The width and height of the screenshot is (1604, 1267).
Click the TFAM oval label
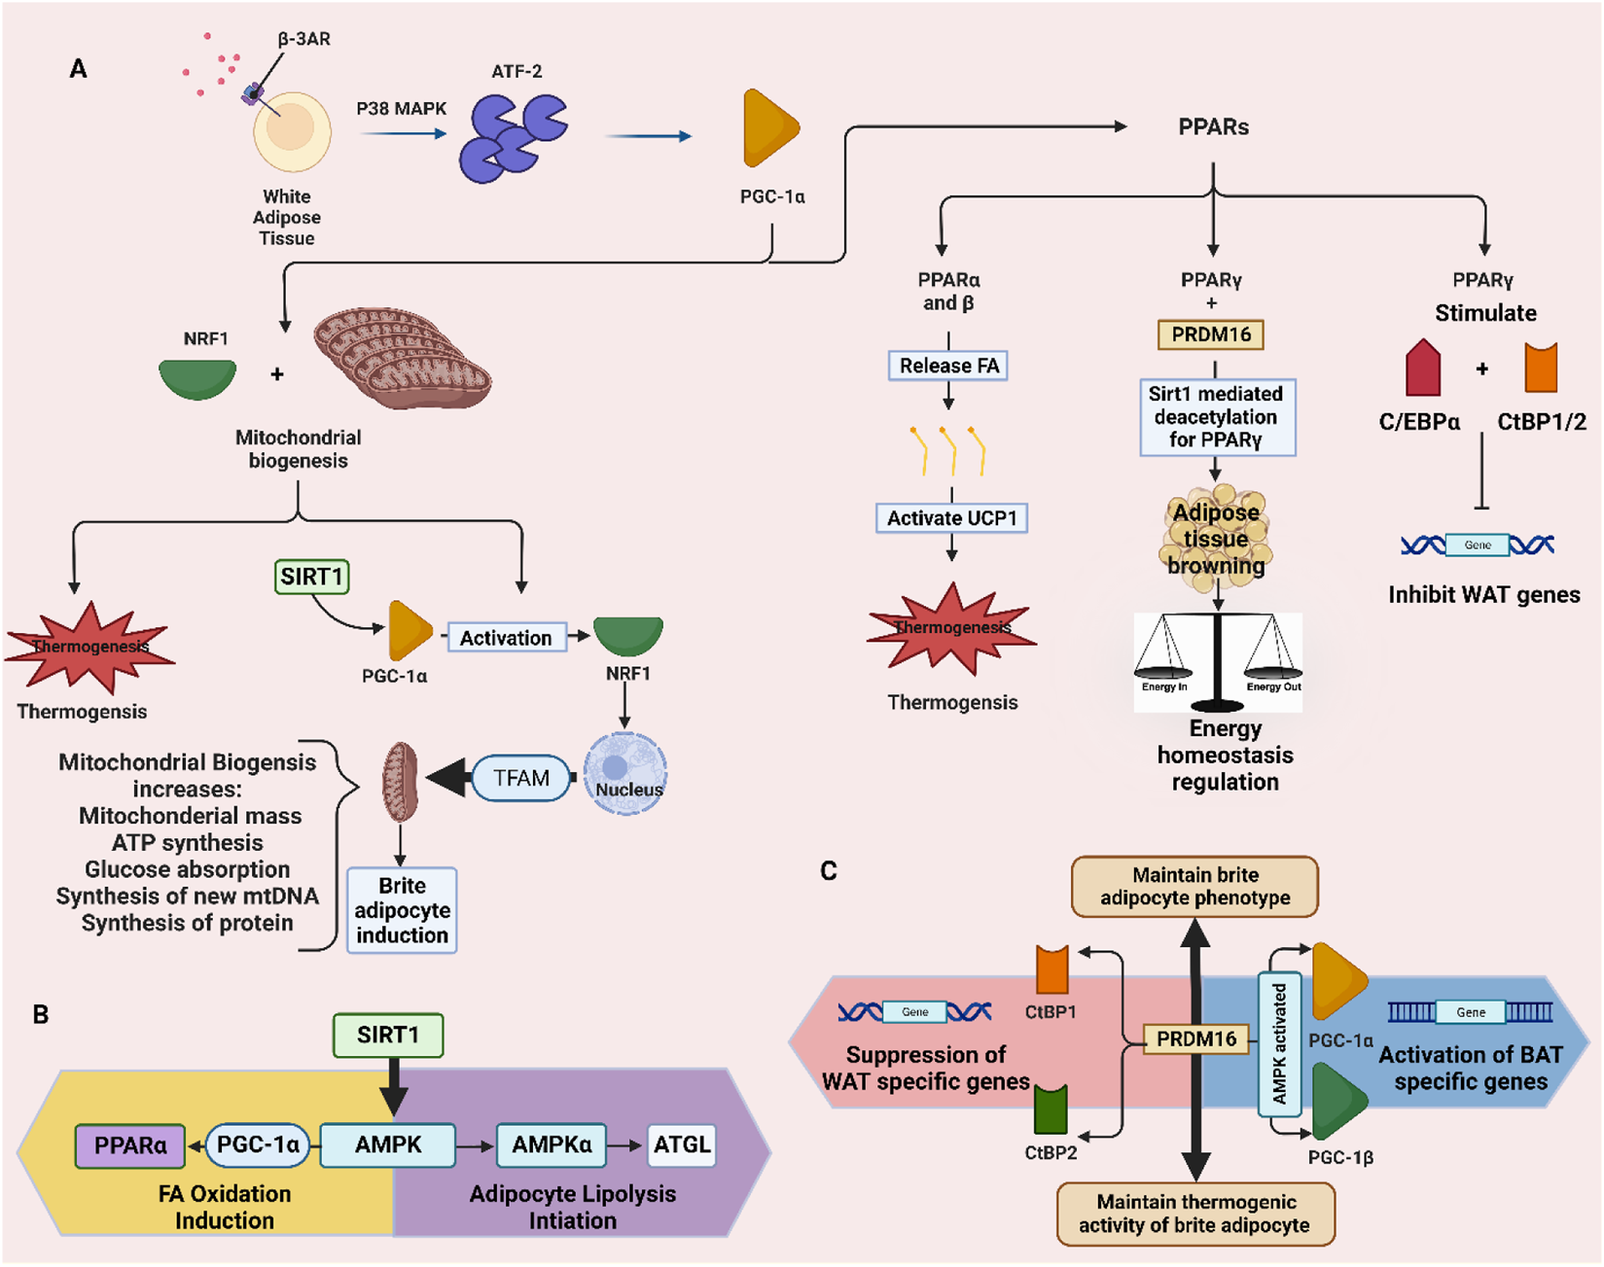coord(521,778)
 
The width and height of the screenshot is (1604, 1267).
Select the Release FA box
coord(948,366)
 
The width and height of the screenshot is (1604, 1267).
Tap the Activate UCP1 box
coord(951,518)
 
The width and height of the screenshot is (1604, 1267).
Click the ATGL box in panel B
coord(682,1144)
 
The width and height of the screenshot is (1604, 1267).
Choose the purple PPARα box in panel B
coord(130,1145)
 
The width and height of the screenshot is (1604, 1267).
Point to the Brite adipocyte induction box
coord(402,910)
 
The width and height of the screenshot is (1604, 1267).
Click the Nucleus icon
coord(624,773)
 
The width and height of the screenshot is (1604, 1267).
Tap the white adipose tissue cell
coord(292,131)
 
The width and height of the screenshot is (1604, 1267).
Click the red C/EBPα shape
coord(1423,369)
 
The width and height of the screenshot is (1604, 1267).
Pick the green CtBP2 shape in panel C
coord(1051,1109)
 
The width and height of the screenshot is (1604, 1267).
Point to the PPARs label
coord(1213,126)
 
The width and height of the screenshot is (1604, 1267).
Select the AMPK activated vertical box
coord(1280,1043)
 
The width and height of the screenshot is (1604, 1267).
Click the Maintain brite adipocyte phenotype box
coord(1194,886)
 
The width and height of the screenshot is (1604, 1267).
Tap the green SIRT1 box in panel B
coord(387,1035)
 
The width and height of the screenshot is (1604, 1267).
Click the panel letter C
coord(829,870)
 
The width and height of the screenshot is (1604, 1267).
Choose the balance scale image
coord(1218,661)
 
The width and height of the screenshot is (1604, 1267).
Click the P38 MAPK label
coord(401,109)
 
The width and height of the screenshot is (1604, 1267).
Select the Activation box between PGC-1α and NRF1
coord(506,638)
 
